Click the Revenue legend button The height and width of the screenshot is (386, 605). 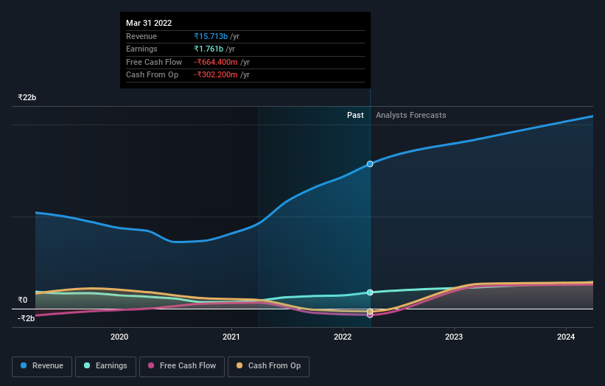point(42,366)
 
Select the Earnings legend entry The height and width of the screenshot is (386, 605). point(105,366)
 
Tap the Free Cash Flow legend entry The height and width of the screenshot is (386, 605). point(182,366)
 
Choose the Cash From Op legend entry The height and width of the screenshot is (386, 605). point(269,366)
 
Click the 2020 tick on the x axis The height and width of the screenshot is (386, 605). point(119,337)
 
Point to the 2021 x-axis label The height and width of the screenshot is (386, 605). point(231,337)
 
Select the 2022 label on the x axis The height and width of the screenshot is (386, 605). point(343,337)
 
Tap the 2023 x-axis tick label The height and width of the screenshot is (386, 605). point(454,337)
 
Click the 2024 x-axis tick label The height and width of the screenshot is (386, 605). point(565,337)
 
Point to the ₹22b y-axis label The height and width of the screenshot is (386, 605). point(27,97)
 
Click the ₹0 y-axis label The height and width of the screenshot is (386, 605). point(22,301)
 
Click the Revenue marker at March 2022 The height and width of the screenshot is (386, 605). point(370,164)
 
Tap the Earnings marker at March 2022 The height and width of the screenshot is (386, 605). point(370,292)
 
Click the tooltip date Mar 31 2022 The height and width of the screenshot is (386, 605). point(149,24)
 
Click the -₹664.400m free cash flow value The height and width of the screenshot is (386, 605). point(216,62)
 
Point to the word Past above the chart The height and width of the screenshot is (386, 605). point(355,115)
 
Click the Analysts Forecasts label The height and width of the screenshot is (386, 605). point(410,115)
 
